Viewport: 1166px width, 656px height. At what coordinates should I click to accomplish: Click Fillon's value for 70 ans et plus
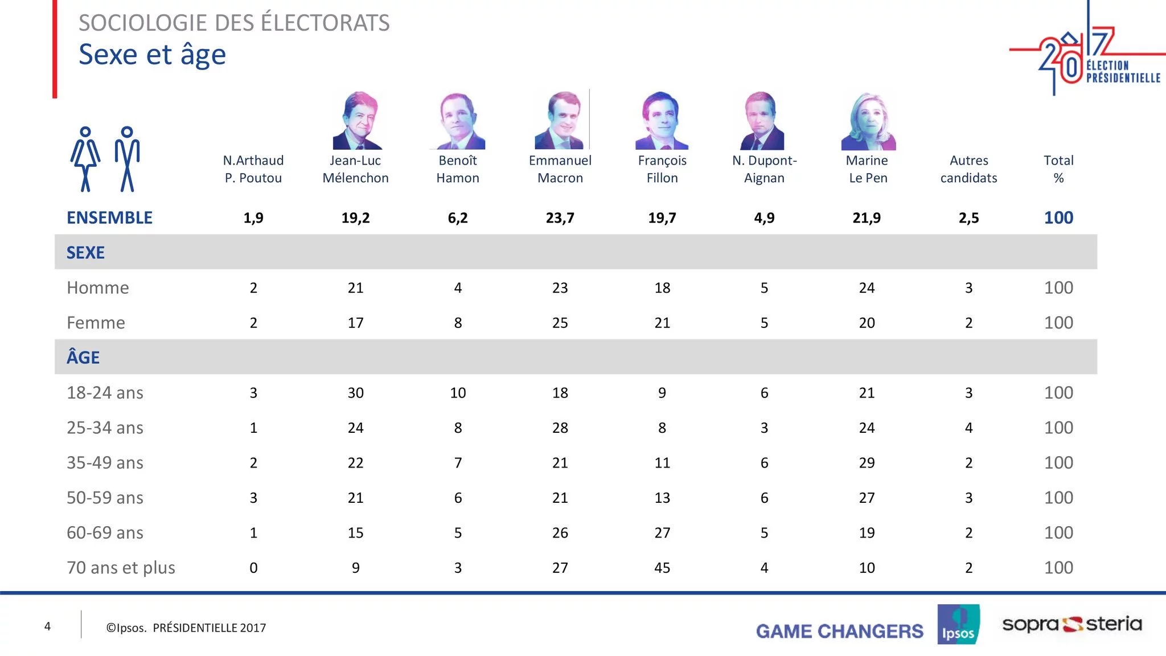click(662, 568)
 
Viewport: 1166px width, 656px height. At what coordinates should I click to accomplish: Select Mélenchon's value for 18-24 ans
click(355, 393)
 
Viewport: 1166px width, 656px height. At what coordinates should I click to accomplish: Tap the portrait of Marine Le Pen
click(868, 121)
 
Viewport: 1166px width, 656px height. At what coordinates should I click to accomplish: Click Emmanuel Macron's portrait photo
click(560, 120)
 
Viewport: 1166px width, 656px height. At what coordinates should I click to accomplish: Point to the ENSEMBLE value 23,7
click(560, 218)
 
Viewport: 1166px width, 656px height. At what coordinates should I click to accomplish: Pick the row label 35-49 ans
click(105, 463)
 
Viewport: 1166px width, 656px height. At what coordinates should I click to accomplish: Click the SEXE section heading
click(85, 252)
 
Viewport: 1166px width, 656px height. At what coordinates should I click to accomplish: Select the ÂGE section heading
click(83, 358)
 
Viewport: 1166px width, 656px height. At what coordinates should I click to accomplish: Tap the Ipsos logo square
click(958, 624)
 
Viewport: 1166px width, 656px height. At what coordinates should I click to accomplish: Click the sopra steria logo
click(1071, 624)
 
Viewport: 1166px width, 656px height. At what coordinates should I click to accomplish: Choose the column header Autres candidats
click(968, 169)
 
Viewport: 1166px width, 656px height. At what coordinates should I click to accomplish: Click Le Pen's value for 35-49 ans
click(867, 463)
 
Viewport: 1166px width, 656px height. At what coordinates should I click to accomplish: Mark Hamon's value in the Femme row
click(458, 323)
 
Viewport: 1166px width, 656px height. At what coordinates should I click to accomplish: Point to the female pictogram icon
click(85, 159)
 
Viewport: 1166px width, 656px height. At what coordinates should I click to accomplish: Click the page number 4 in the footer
click(47, 626)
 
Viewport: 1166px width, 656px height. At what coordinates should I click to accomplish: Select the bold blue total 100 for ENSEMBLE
click(1058, 218)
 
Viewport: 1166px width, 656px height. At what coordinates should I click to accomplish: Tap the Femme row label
click(96, 323)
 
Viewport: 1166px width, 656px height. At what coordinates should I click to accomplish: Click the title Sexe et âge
click(152, 55)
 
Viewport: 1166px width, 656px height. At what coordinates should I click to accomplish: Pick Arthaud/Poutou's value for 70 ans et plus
click(253, 568)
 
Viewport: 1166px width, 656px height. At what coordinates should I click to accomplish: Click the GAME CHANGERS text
click(839, 631)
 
